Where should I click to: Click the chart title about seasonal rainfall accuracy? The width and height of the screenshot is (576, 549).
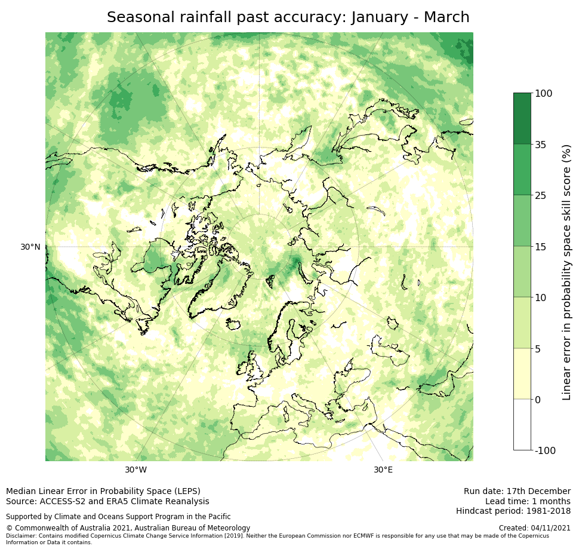click(288, 17)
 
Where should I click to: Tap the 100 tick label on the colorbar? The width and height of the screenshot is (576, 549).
click(544, 93)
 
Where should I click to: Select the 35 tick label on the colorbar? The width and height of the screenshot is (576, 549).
click(541, 145)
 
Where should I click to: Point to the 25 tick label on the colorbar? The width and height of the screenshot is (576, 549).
click(541, 195)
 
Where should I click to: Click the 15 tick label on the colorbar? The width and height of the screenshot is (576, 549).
click(541, 247)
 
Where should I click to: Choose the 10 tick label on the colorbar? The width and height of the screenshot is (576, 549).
click(541, 297)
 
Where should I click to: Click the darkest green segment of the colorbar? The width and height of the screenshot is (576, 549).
click(522, 118)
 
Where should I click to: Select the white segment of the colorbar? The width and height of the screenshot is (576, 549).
click(522, 425)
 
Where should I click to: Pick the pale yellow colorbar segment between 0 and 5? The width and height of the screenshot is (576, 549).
click(522, 374)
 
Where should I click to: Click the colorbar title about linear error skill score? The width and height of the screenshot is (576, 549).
click(566, 272)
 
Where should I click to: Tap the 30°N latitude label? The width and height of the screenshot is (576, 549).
click(30, 247)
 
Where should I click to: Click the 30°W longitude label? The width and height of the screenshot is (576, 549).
click(135, 470)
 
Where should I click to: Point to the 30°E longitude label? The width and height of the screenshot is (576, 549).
click(383, 470)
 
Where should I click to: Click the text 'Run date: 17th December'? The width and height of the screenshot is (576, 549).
click(517, 491)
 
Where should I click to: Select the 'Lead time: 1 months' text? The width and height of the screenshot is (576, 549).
click(528, 501)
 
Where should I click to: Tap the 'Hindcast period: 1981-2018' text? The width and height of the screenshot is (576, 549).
click(513, 511)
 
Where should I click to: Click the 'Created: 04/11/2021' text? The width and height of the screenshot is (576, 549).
click(534, 528)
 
